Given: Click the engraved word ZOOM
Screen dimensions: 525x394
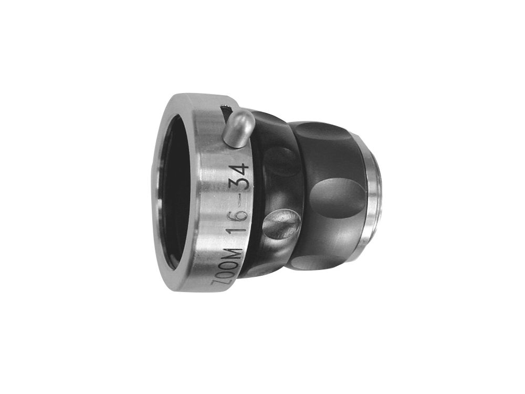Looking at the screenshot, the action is pyautogui.click(x=230, y=268).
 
